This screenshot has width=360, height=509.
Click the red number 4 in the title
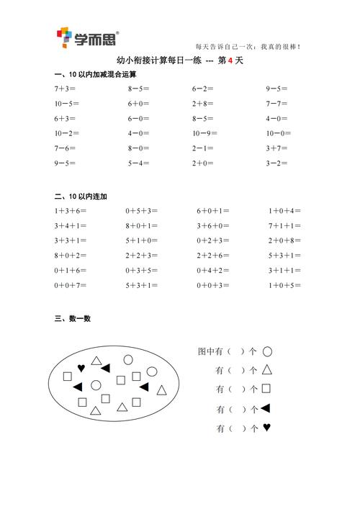(229, 61)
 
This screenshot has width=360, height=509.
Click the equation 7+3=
(66, 89)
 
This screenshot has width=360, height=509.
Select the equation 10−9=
(204, 133)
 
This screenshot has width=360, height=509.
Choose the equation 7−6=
(66, 148)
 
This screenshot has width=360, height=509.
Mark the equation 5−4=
(138, 163)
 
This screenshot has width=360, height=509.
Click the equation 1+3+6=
(70, 211)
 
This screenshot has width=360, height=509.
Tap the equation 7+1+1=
(285, 226)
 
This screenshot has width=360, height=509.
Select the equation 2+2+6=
(213, 256)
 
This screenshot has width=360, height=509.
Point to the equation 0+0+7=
(70, 285)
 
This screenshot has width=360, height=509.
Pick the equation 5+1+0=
(141, 240)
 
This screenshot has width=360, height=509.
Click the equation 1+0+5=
(285, 285)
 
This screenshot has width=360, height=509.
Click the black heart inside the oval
(81, 367)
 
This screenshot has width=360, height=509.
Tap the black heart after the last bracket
(266, 428)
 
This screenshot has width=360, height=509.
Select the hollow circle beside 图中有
(267, 352)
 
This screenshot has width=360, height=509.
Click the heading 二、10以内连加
(81, 196)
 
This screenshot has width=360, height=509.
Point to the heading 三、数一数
(72, 318)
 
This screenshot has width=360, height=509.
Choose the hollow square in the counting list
(266, 389)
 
